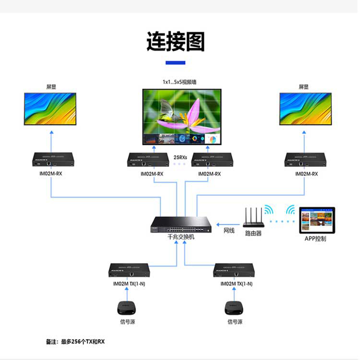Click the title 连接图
(x=175, y=42)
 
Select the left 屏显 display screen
(x=50, y=109)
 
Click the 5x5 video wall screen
(x=182, y=117)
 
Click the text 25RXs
(x=180, y=157)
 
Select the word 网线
(x=229, y=231)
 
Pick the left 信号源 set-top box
(x=126, y=308)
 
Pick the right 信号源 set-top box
(x=234, y=308)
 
